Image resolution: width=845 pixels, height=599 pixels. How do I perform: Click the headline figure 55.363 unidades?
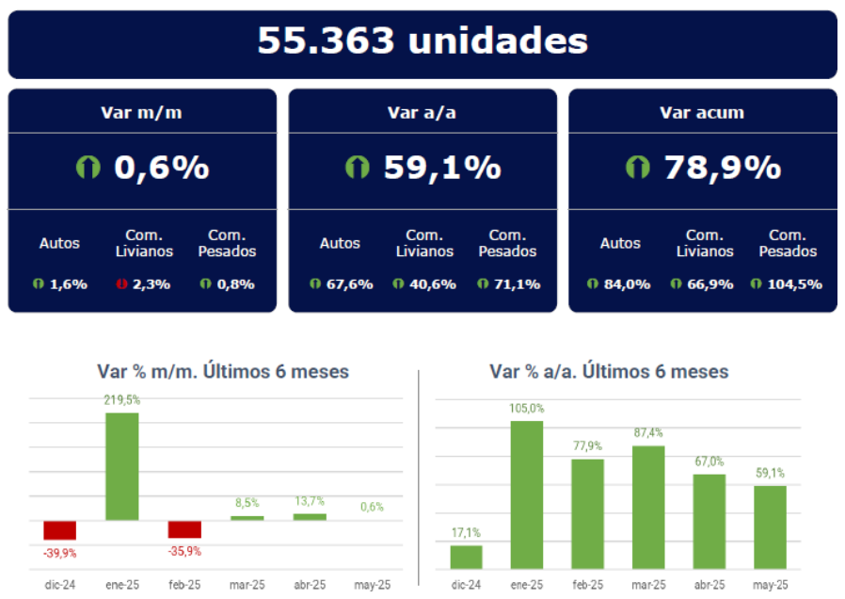[422, 41]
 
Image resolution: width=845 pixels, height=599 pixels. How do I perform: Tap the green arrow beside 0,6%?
[88, 168]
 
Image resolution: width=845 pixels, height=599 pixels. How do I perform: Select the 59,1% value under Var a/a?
[441, 168]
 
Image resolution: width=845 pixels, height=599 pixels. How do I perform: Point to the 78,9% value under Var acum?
[722, 168]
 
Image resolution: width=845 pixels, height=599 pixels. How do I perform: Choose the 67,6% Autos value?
[348, 283]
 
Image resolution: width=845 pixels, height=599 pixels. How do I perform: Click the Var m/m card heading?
[141, 112]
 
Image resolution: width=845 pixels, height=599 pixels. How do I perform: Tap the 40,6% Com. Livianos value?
[432, 283]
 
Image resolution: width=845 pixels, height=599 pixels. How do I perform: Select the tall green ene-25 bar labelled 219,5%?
[121, 466]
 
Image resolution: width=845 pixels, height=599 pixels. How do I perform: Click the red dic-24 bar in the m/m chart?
[59, 530]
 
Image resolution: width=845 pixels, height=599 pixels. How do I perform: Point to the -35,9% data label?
[184, 552]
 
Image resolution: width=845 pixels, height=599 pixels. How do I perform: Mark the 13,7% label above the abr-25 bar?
[310, 502]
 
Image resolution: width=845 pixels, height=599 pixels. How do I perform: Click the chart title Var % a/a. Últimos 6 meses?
[609, 371]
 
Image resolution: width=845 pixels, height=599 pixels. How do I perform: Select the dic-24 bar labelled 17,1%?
[466, 558]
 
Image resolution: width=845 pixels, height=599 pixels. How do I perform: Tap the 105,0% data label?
[527, 409]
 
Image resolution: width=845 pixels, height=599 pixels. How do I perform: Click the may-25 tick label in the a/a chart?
[771, 585]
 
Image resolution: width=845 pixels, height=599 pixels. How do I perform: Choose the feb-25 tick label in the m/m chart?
[184, 585]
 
